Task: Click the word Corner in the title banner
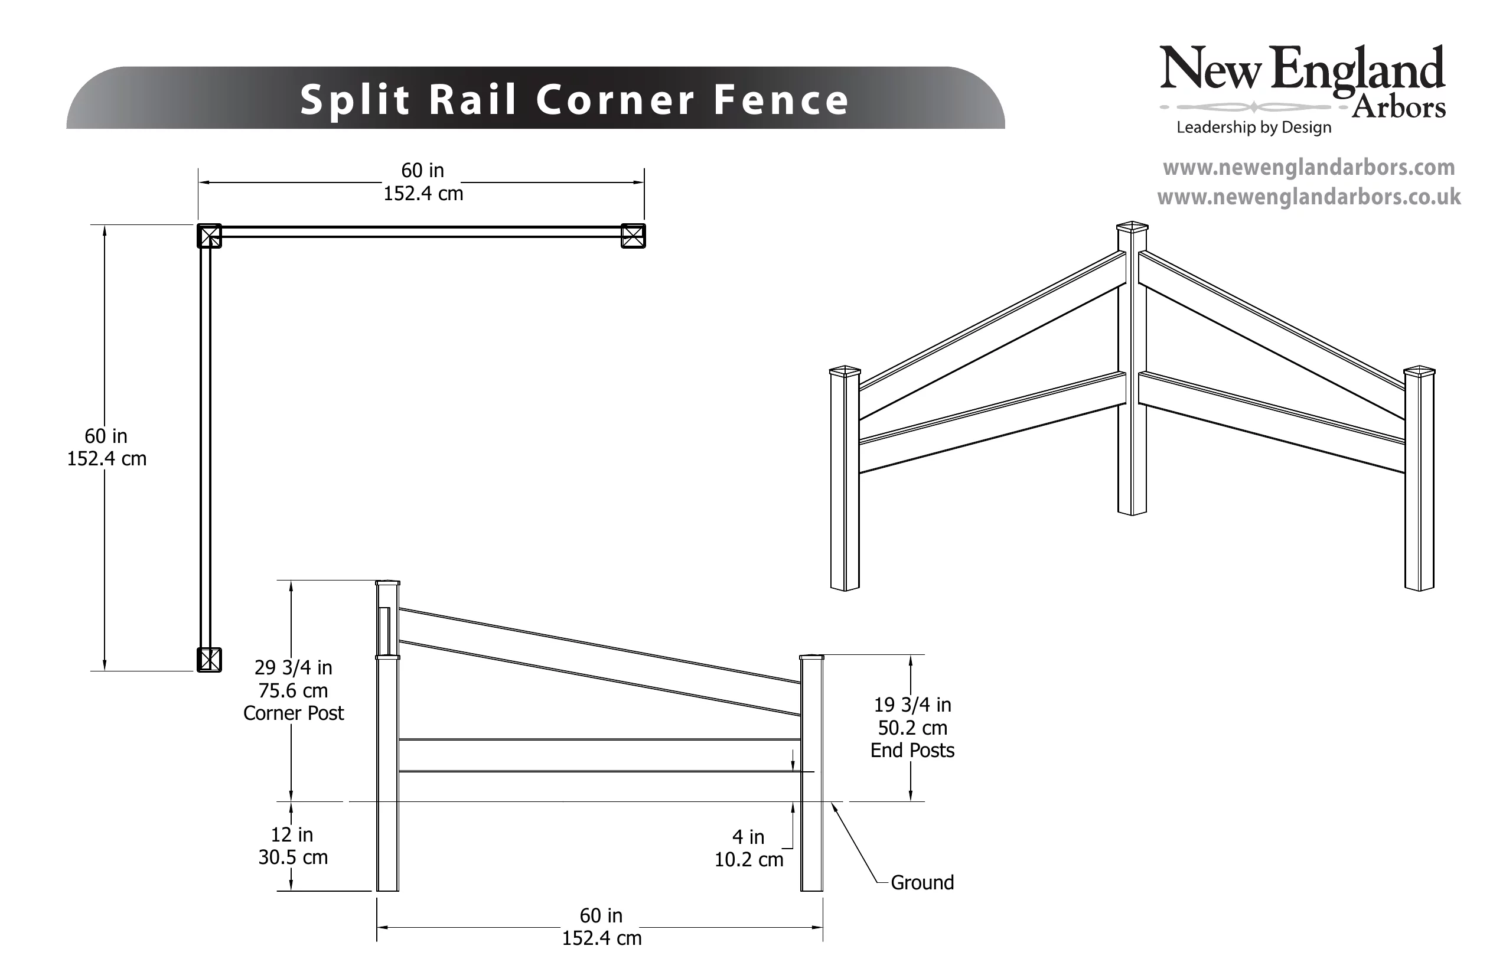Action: coord(615,100)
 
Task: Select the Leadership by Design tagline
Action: coord(1253,127)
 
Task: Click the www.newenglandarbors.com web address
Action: coord(1309,168)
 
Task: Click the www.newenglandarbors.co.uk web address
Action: coord(1309,197)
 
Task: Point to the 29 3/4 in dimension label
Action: coord(293,667)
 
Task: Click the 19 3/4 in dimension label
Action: coord(912,704)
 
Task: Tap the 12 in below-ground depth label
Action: coord(292,834)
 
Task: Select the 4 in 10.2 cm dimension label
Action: coord(749,848)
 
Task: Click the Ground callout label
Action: coord(921,882)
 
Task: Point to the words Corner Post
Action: coord(293,713)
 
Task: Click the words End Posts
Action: coord(912,750)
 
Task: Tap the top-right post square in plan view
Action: coord(633,236)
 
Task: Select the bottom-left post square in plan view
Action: coord(210,659)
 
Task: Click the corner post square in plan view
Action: coord(210,236)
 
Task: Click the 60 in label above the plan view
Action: coord(423,170)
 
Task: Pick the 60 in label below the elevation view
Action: coord(601,915)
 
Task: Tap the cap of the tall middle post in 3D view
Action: coord(1132,226)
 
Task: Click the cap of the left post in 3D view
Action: coord(845,370)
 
